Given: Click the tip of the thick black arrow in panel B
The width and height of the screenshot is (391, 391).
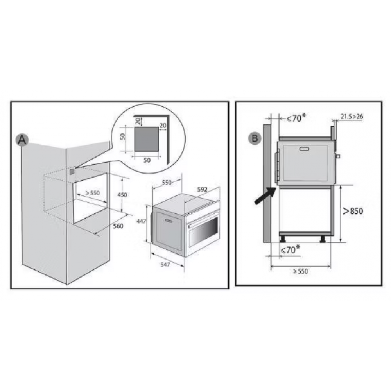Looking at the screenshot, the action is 276,188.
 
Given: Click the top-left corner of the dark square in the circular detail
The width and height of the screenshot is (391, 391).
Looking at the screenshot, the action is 135,127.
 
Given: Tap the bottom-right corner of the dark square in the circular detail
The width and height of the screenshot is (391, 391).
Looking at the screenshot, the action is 159,151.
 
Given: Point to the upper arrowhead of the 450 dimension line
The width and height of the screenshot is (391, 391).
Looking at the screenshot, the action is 122,179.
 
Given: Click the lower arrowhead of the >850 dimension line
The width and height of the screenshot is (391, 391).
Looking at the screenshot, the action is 341,241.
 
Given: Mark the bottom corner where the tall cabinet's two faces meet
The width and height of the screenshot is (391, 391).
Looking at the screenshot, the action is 67,284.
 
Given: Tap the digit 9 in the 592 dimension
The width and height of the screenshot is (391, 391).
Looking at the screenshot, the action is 202,190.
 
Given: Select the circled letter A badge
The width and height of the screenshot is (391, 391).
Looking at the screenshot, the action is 22,140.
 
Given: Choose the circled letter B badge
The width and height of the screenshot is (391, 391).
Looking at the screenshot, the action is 255,138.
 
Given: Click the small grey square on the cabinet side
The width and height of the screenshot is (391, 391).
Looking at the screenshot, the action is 72,172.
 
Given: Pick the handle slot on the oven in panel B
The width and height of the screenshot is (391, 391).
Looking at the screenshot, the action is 304,149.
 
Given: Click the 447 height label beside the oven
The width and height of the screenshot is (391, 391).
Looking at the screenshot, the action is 141,221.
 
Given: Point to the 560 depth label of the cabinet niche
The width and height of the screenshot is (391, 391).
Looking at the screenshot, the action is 118,226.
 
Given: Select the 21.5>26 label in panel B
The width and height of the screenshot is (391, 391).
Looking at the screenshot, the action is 352,117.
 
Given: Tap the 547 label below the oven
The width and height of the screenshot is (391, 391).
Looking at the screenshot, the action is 165,264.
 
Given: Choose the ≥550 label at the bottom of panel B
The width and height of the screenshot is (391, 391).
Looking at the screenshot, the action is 300,271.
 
